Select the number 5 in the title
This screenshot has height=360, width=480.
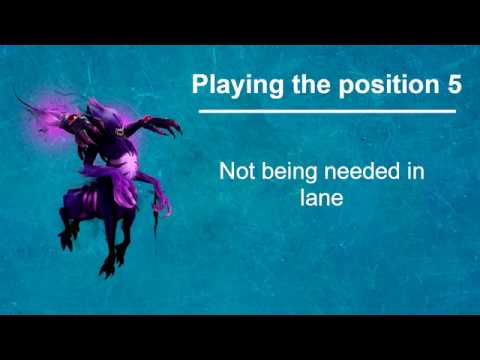(x=454, y=85)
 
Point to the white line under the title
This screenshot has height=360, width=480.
(x=327, y=111)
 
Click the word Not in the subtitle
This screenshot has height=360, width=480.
(x=236, y=172)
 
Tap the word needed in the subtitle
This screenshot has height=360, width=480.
(x=364, y=172)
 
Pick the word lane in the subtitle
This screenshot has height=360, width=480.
(x=321, y=197)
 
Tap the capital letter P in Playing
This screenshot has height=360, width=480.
(x=200, y=85)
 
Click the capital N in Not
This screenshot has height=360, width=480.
(x=226, y=172)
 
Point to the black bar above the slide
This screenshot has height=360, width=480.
(x=240, y=21)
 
